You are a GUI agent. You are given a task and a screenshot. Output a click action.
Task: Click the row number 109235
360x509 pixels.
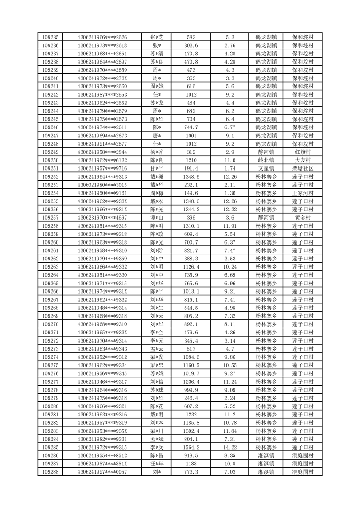click(x=50, y=37)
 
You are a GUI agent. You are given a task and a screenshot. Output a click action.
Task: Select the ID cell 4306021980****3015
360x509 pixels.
click(x=102, y=185)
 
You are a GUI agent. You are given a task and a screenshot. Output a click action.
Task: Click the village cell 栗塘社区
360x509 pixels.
click(x=303, y=168)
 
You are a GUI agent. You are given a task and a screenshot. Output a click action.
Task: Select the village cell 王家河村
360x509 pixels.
click(x=303, y=193)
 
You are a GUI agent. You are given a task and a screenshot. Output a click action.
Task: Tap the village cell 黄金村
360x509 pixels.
click(x=303, y=217)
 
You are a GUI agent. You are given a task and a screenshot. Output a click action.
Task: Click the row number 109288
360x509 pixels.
click(x=50, y=472)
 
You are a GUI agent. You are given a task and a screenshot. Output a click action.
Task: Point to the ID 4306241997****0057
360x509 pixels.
click(x=102, y=472)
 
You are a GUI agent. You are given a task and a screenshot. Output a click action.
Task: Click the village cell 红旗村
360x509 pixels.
click(x=303, y=152)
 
